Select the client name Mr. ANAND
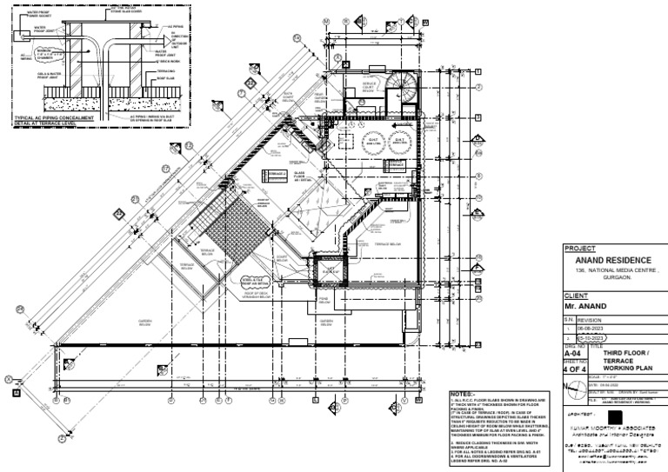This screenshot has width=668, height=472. (585, 307)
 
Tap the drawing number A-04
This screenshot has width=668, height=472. (572, 355)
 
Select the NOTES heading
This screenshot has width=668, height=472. (462, 393)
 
